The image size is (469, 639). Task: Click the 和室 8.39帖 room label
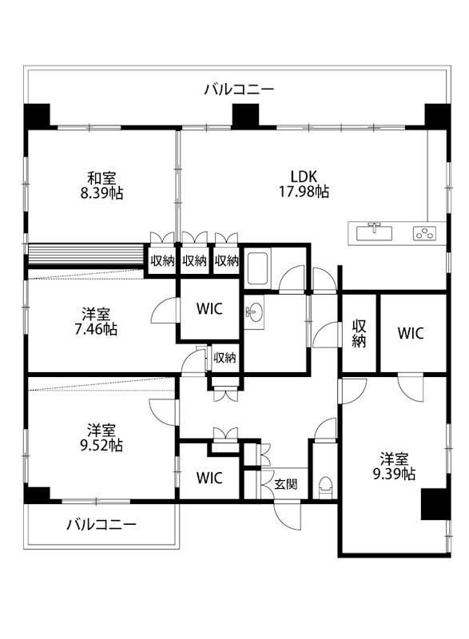click(x=101, y=185)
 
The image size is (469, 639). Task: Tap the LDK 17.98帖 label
click(x=304, y=185)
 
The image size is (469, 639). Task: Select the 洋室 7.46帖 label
click(x=96, y=322)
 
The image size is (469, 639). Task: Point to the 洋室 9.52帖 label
click(x=101, y=438)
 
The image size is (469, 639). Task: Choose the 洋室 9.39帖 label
click(x=395, y=466)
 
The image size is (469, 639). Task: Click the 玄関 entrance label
click(x=286, y=484)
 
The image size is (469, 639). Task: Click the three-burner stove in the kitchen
click(x=424, y=233)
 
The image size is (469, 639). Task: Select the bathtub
click(x=257, y=269)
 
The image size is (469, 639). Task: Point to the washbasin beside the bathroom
click(x=255, y=312)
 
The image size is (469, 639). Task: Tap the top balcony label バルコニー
click(x=239, y=89)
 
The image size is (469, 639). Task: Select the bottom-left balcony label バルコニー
click(x=101, y=524)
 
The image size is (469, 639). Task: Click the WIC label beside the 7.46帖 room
click(x=209, y=309)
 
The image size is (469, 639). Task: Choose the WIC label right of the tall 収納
click(x=411, y=333)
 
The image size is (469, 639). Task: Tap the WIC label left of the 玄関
click(x=209, y=478)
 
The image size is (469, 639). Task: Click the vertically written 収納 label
click(x=359, y=334)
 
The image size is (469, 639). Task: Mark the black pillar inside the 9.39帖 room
click(x=435, y=504)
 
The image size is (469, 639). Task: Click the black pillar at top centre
click(x=245, y=115)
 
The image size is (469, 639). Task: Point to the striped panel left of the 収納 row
click(x=85, y=255)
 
